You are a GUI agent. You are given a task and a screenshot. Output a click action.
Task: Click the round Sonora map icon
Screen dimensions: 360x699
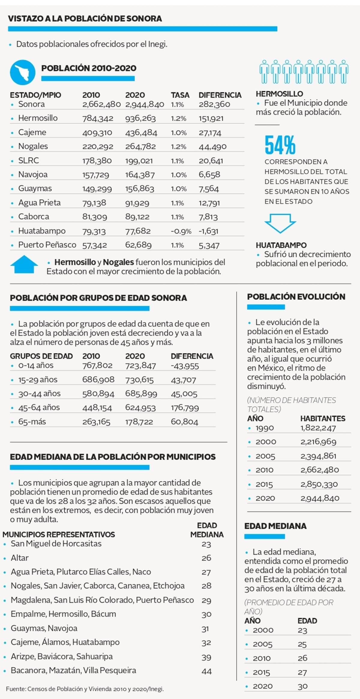pyautogui.click(x=22, y=72)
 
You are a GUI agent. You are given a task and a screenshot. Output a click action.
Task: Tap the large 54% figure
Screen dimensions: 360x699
pyautogui.click(x=280, y=145)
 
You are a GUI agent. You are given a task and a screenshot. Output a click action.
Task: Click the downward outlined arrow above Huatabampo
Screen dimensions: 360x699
pyautogui.click(x=280, y=223)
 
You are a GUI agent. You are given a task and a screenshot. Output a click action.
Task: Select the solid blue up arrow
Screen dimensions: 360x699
pyautogui.click(x=24, y=264)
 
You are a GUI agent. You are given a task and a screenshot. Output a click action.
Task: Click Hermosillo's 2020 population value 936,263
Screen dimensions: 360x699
pyautogui.click(x=140, y=118)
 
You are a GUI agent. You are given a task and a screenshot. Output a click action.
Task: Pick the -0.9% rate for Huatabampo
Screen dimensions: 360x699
pyautogui.click(x=181, y=231)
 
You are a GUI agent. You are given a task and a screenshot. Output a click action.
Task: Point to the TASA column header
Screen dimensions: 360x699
pyautogui.click(x=180, y=95)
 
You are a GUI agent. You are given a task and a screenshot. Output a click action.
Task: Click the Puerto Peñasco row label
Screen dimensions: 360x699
pyautogui.click(x=47, y=245)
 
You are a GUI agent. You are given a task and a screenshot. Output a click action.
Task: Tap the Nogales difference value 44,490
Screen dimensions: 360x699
pyautogui.click(x=212, y=147)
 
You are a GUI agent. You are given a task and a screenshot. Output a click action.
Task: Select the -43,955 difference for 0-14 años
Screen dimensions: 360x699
pyautogui.click(x=185, y=366)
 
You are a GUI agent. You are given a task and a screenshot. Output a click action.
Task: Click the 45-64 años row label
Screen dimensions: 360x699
pyautogui.click(x=39, y=407)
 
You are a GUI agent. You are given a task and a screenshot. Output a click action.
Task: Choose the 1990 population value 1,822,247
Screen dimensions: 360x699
pyautogui.click(x=318, y=428)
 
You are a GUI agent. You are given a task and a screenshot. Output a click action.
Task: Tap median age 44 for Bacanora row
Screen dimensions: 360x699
pyautogui.click(x=206, y=671)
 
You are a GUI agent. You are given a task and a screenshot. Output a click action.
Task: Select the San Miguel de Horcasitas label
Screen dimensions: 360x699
pyautogui.click(x=56, y=544)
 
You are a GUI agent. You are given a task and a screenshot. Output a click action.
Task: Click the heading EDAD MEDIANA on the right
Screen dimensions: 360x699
pyautogui.click(x=275, y=526)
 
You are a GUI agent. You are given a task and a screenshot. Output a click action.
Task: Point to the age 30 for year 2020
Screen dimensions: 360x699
pyautogui.click(x=302, y=686)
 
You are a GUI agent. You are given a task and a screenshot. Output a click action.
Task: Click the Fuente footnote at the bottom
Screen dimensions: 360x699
pyautogui.click(x=85, y=689)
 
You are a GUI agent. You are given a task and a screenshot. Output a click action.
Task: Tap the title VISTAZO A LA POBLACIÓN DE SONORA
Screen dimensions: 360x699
pyautogui.click(x=85, y=19)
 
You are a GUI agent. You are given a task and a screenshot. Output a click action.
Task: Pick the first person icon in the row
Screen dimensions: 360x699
pyautogui.click(x=264, y=71)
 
